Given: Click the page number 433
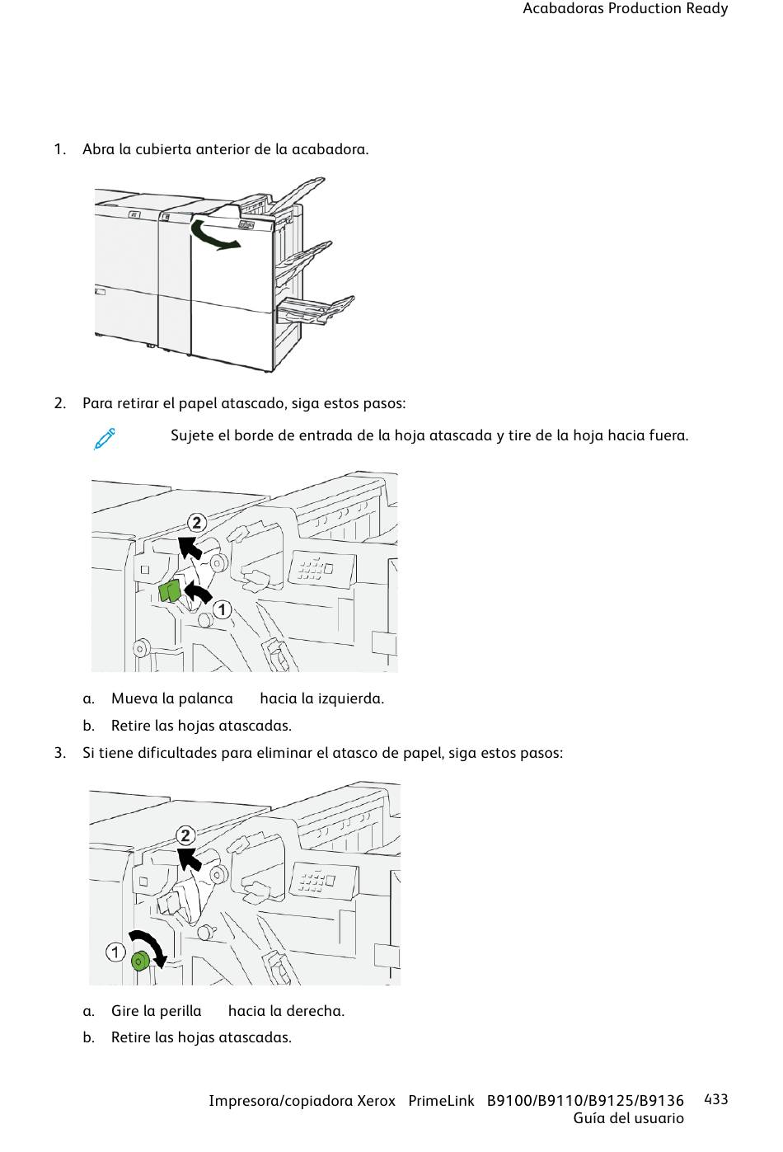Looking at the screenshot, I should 716,1099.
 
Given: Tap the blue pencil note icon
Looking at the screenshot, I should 105,439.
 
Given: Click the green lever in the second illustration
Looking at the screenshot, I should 171,591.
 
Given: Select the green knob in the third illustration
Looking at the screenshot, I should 139,959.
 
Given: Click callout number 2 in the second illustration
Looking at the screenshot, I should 196,523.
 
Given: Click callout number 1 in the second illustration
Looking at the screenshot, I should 222,609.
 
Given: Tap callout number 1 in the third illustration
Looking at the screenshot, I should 115,952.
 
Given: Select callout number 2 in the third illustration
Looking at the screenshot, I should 185,835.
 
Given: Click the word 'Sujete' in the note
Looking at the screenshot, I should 192,435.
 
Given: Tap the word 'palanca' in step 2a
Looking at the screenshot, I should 206,698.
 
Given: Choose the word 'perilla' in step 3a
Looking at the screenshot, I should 181,1011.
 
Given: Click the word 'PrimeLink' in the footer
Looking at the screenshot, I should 441,1101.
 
